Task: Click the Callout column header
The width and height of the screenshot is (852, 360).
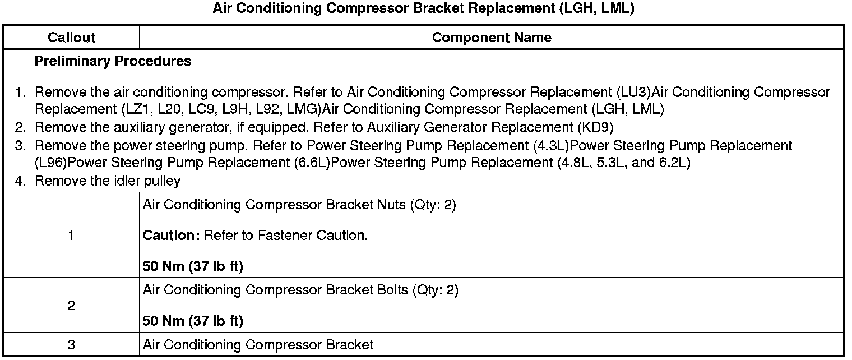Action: coord(71,38)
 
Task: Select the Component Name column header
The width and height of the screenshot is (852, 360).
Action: coord(492,38)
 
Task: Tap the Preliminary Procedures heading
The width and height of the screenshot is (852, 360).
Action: coord(113,61)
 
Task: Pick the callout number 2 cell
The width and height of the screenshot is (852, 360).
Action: coord(71,306)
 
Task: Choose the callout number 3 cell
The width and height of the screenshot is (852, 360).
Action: coord(71,345)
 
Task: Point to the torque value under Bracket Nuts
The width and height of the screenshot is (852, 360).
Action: coord(193,266)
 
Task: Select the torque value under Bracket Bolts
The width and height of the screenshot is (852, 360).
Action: coord(193,321)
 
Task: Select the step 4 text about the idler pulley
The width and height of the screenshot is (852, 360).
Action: coord(108,181)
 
